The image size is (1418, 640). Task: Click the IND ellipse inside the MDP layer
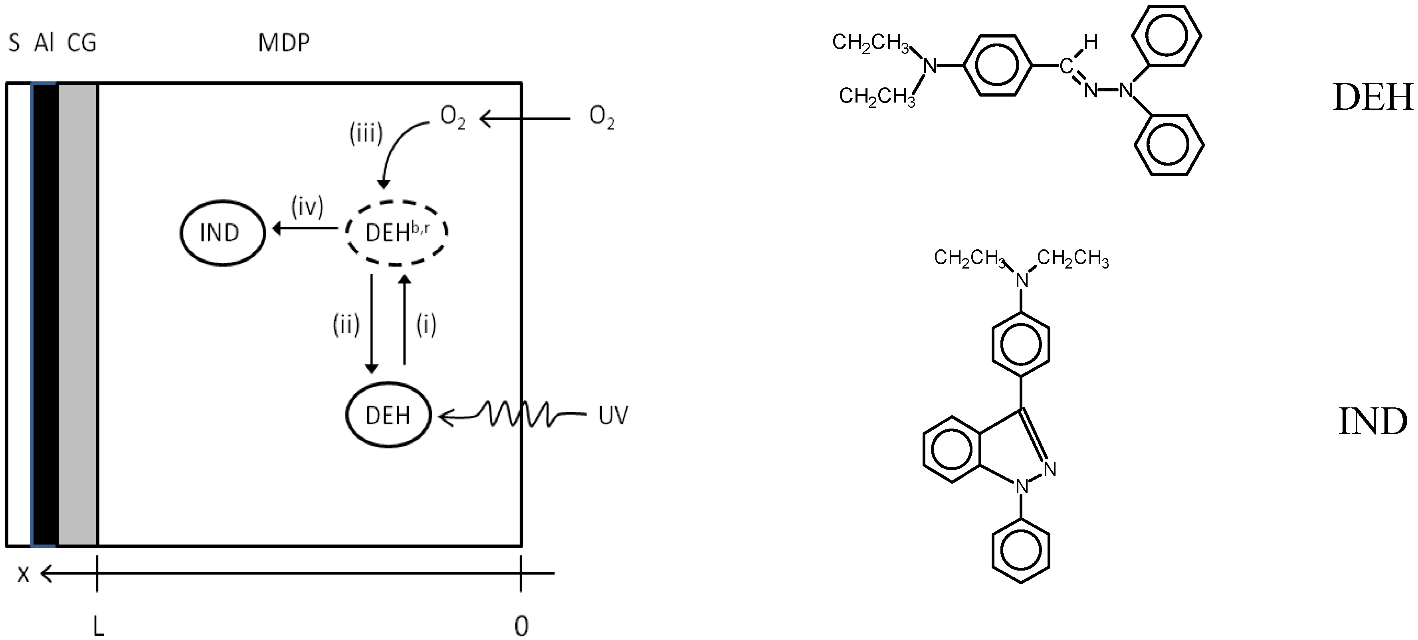coord(222,233)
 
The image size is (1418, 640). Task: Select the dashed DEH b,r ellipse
coord(397,233)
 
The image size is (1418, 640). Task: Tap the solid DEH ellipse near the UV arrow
coord(388,415)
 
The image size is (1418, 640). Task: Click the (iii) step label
coord(366,133)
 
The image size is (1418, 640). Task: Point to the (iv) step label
coord(307,207)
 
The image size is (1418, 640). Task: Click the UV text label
coord(613,415)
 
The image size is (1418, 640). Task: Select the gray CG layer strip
coord(77,314)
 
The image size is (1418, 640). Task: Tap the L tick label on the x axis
coord(98,626)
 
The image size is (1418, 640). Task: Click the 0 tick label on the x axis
coord(521,626)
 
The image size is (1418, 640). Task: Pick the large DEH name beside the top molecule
coord(1372,97)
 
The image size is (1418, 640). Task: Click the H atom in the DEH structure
coord(1091,42)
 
